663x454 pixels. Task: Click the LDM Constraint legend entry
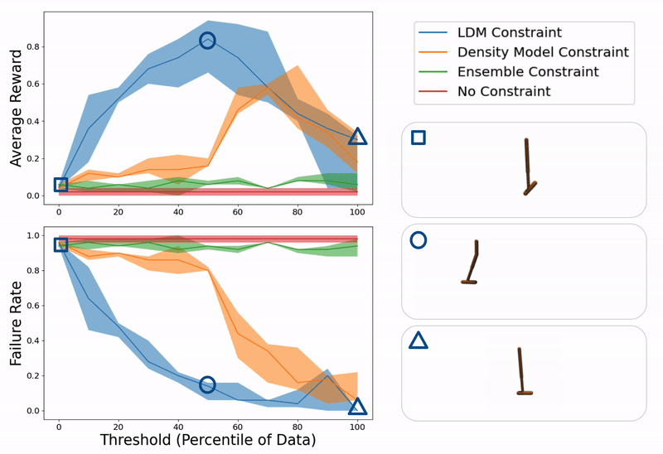509,33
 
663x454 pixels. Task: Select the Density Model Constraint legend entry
542,52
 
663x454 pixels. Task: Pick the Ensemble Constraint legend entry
527,72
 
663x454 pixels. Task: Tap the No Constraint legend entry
503,91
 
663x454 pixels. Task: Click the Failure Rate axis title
17,321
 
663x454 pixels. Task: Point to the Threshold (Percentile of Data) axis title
207,441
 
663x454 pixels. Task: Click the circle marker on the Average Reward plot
207,41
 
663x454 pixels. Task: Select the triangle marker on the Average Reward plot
357,137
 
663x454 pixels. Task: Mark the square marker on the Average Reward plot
60,185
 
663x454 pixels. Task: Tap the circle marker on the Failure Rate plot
207,384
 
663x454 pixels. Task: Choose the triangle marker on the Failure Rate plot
357,406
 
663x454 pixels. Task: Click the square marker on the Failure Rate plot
60,244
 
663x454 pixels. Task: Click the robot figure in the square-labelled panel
528,167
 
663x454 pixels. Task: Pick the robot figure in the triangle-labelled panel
522,372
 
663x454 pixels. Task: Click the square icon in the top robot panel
419,138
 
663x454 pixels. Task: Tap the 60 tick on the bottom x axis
238,424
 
